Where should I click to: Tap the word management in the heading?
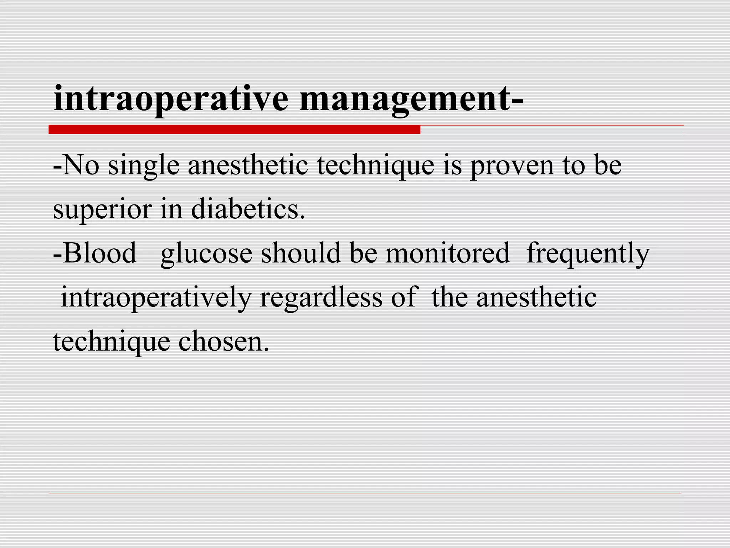click(405, 99)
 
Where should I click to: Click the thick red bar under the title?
click(234, 130)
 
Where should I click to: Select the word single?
click(143, 167)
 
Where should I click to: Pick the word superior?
click(102, 210)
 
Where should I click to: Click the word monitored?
click(447, 253)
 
